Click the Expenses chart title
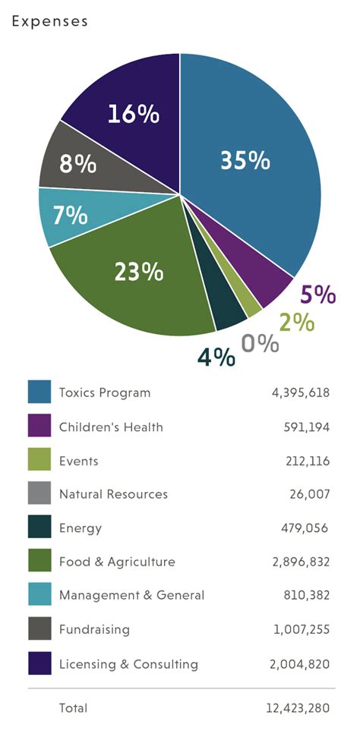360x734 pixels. [x=50, y=21]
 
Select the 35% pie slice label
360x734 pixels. [x=245, y=160]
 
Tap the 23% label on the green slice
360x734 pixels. [x=138, y=271]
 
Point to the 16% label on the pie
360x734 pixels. [x=133, y=114]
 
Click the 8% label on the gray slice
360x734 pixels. [x=78, y=162]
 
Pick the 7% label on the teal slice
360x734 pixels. [x=70, y=216]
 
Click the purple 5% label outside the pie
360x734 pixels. [x=317, y=295]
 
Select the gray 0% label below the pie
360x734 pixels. [x=260, y=343]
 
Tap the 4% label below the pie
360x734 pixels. [x=216, y=357]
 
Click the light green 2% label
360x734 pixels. [x=295, y=322]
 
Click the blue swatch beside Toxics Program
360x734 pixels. [x=39, y=392]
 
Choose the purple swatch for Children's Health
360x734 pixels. [x=39, y=427]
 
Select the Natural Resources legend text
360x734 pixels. [x=113, y=494]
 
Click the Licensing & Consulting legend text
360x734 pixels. [x=128, y=664]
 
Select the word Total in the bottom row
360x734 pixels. [x=73, y=708]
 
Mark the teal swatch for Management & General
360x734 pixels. [x=39, y=596]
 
